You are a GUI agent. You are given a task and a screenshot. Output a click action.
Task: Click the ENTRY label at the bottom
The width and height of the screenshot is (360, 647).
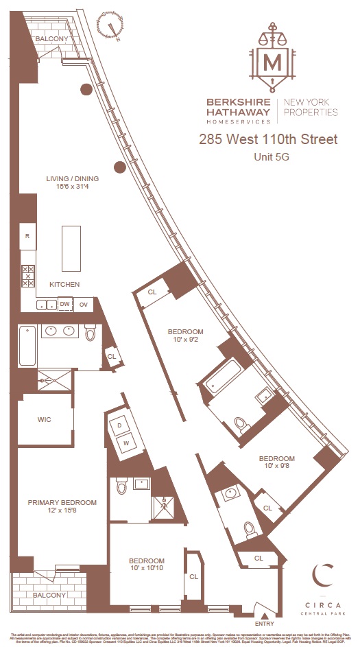pyautogui.click(x=264, y=624)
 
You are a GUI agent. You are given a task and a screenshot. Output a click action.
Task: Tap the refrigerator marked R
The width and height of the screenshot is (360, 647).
pyautogui.click(x=27, y=235)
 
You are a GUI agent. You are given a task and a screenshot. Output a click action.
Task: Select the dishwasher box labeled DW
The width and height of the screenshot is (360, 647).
pyautogui.click(x=64, y=304)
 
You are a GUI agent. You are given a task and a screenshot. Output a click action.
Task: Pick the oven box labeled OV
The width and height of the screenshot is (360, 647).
pyautogui.click(x=84, y=304)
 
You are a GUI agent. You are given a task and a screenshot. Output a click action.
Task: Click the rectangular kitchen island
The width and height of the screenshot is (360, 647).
pyautogui.click(x=72, y=248)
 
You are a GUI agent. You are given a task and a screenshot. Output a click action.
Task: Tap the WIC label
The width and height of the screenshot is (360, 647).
pyautogui.click(x=44, y=419)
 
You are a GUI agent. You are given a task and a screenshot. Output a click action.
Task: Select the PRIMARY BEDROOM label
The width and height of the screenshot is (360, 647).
pyautogui.click(x=62, y=502)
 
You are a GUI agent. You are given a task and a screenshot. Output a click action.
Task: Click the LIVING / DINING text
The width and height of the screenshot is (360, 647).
pyautogui.click(x=73, y=179)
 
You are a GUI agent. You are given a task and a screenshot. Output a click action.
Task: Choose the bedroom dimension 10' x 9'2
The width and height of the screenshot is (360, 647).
pyautogui.click(x=187, y=338)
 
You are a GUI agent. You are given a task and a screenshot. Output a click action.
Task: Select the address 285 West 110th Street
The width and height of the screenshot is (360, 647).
pyautogui.click(x=268, y=139)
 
